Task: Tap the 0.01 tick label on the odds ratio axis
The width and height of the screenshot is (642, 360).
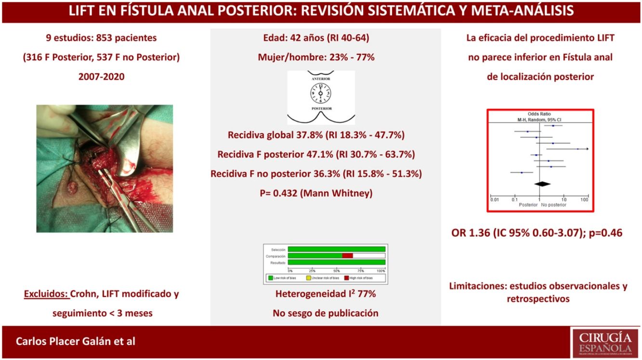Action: click(x=494, y=200)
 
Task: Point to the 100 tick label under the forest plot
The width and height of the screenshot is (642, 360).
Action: click(x=584, y=200)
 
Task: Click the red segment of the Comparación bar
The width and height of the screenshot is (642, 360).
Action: click(x=348, y=256)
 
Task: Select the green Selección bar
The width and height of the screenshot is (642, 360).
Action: click(x=337, y=249)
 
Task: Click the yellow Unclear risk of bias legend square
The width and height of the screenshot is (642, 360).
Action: click(x=308, y=278)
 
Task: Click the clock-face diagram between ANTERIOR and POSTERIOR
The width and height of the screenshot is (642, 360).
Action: click(x=321, y=92)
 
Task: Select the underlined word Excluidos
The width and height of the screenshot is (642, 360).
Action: click(x=46, y=293)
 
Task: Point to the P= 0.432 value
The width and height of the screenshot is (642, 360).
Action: click(x=316, y=193)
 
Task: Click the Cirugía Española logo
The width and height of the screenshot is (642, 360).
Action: click(x=605, y=342)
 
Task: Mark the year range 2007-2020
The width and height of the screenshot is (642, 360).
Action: click(x=101, y=76)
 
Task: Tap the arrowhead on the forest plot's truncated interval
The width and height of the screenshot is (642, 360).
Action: click(x=587, y=149)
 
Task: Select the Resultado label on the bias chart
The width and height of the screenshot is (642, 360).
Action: click(x=277, y=263)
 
